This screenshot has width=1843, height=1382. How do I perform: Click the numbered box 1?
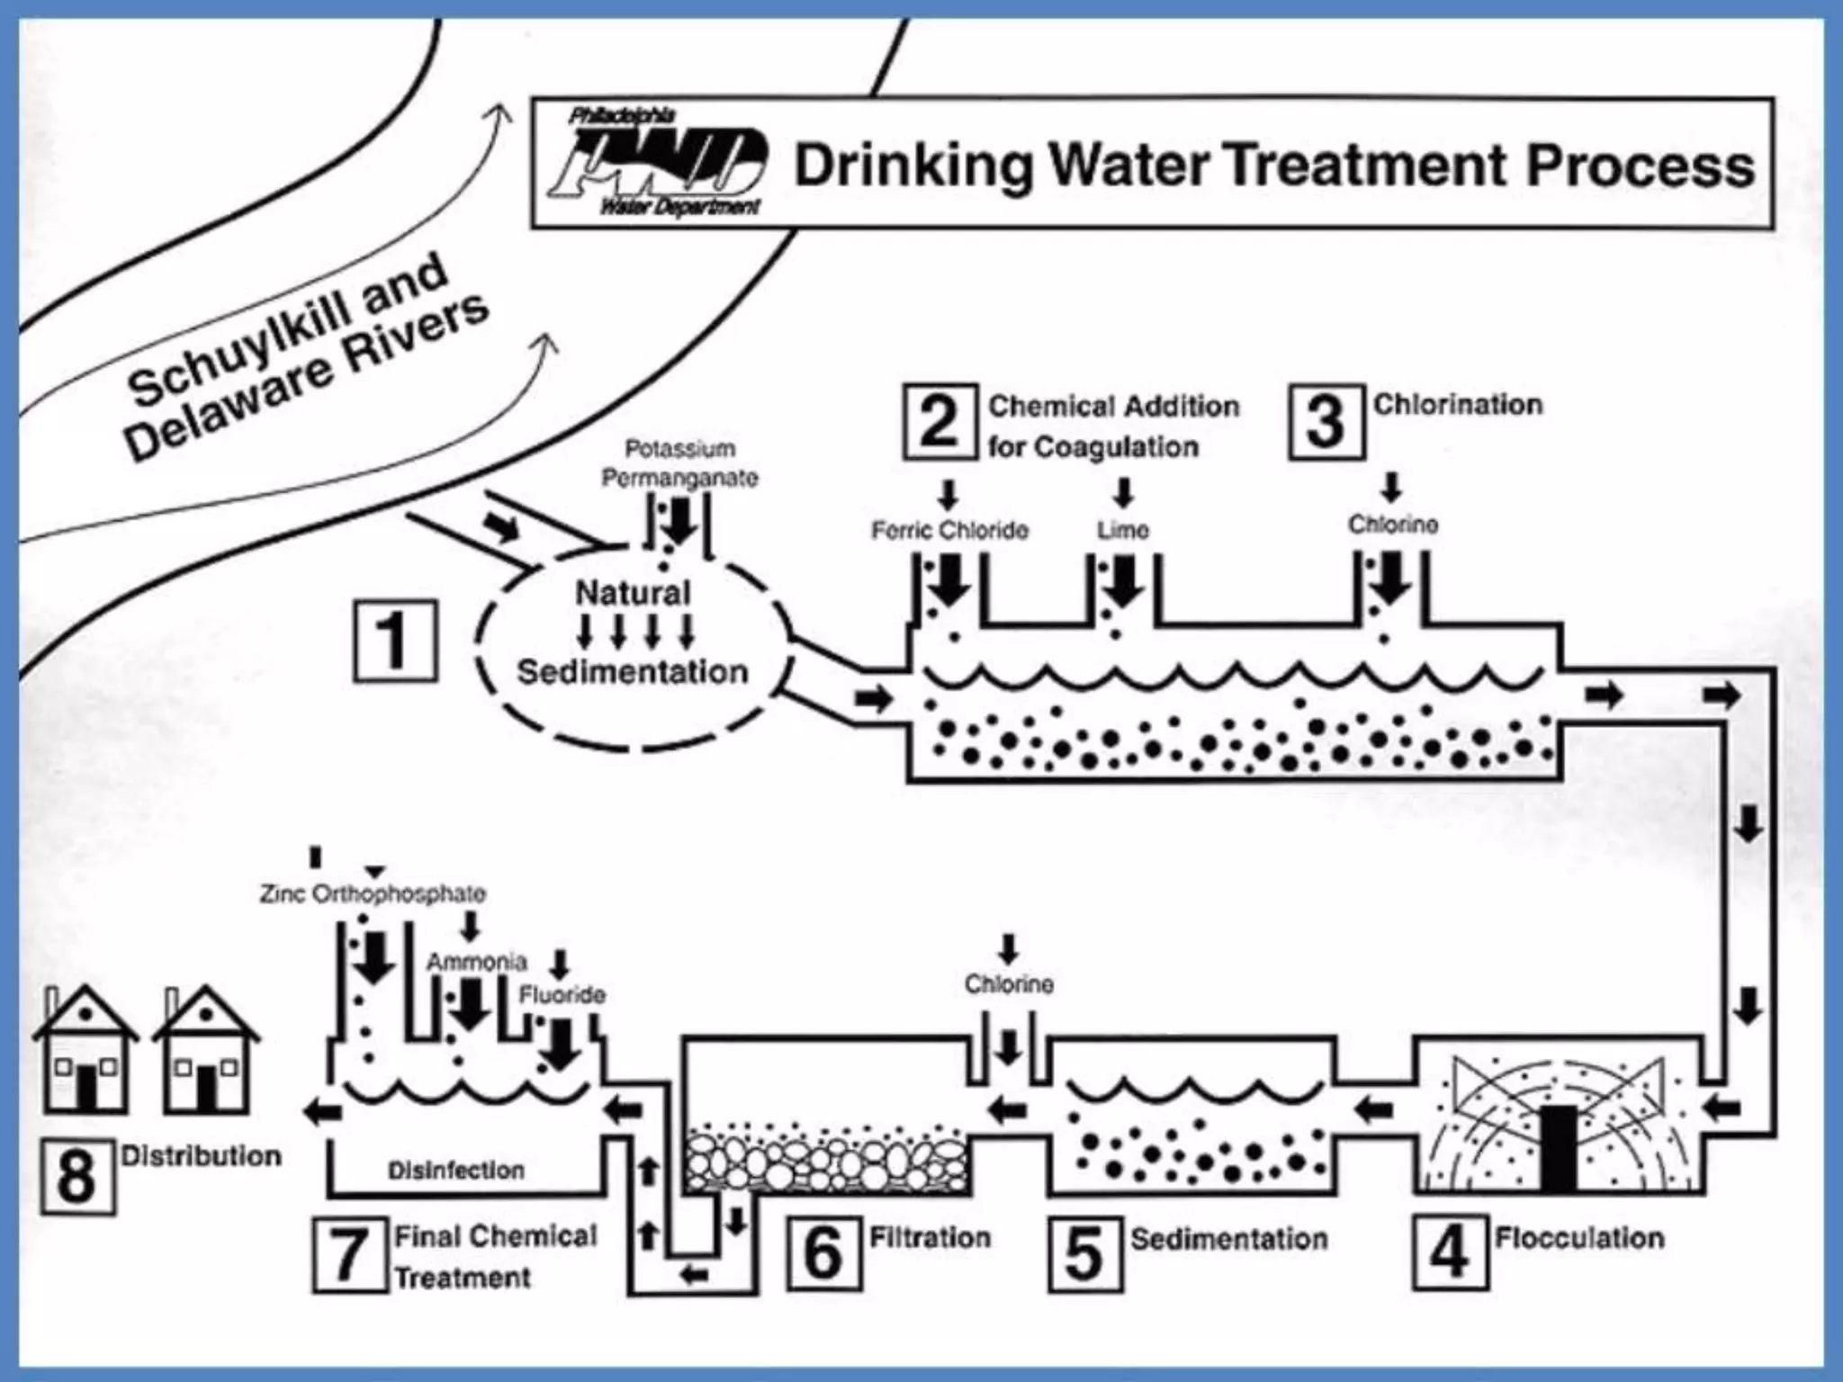point(395,641)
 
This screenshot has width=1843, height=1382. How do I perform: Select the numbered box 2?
point(939,422)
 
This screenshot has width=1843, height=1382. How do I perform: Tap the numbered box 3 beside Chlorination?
point(1326,422)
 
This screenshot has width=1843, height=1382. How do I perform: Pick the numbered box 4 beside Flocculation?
point(1449,1252)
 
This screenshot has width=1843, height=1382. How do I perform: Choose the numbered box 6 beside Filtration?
point(823,1252)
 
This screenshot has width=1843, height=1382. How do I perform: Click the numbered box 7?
point(349,1255)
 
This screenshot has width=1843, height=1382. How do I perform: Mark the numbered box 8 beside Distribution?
point(77,1176)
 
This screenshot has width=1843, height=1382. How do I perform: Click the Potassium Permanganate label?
point(679,463)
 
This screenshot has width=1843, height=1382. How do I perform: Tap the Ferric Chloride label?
point(949,531)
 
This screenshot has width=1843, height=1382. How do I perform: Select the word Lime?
point(1122,530)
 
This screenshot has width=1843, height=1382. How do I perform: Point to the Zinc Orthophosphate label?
point(373,894)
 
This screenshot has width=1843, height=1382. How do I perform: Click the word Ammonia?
point(476,962)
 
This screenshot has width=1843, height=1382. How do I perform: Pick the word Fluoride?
point(562,995)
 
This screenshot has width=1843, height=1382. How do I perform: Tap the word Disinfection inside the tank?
point(456,1171)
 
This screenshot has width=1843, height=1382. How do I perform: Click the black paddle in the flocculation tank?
point(1558,1146)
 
